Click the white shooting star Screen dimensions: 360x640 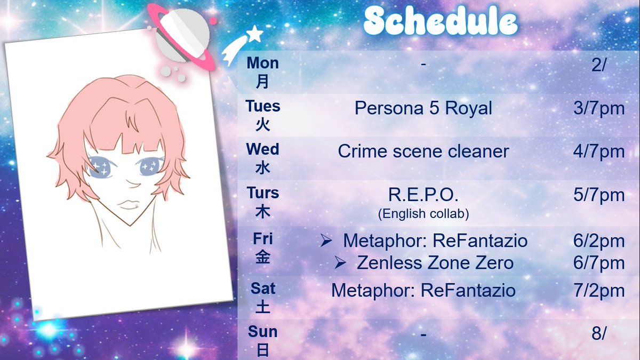point(242,46)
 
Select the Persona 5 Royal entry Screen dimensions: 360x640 point(423,109)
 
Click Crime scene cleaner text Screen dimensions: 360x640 point(423,151)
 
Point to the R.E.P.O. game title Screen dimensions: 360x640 point(423,195)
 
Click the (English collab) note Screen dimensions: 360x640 point(423,214)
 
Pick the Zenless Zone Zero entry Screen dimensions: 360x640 point(435,263)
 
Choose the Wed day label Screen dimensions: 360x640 point(263,149)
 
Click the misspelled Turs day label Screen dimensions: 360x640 point(263,193)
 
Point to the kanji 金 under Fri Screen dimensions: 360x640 point(263,258)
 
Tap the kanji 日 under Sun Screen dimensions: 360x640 point(263,350)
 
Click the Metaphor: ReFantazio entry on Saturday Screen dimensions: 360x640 point(423,291)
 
